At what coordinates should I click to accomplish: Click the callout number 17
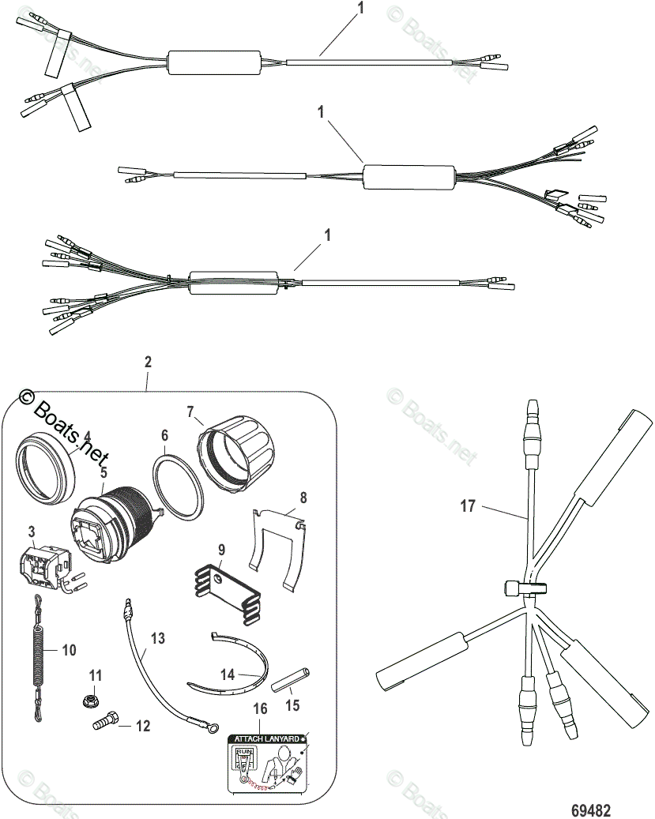[x=469, y=505]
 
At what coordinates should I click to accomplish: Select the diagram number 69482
[x=592, y=810]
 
